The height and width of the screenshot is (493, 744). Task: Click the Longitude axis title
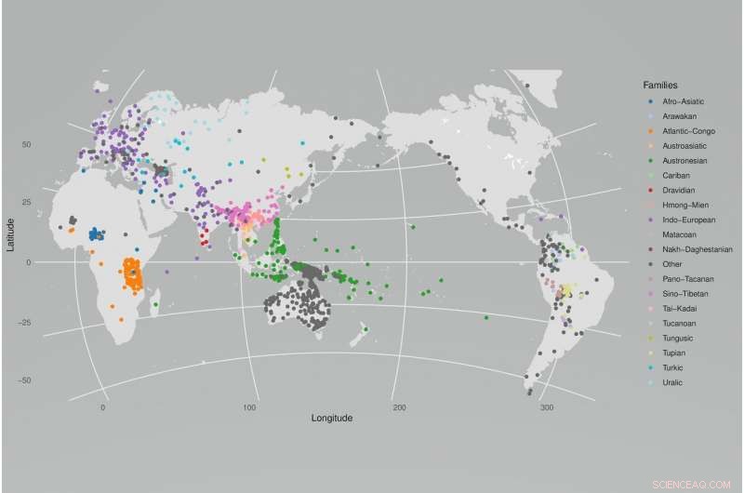pos(332,419)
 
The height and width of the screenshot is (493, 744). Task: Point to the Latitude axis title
pos(9,233)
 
